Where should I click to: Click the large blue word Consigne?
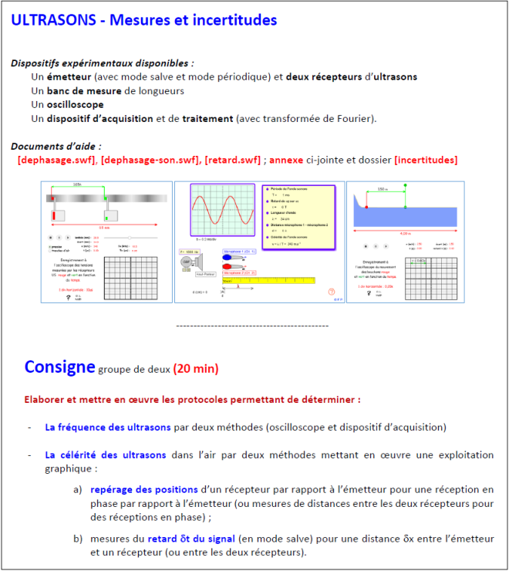pos(59,367)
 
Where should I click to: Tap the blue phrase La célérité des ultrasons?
pos(106,455)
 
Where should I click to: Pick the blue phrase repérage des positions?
pos(143,489)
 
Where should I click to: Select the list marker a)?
pos(78,489)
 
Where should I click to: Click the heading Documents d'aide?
pos(56,146)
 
